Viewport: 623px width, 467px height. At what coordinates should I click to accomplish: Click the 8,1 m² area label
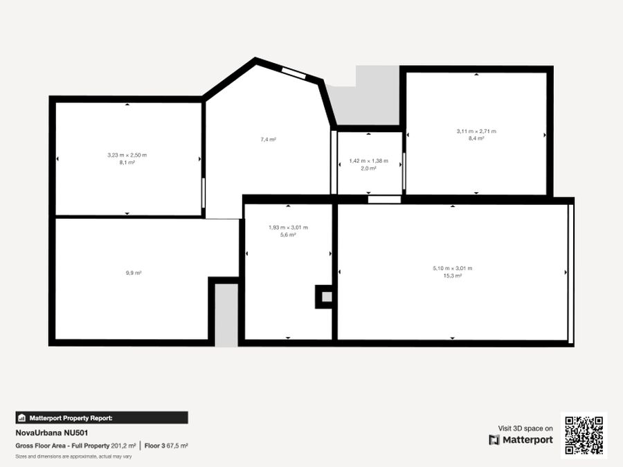[127, 163]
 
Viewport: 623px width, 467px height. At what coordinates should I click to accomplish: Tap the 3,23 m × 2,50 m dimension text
[127, 155]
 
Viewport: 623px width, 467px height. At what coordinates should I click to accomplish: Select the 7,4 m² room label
[268, 139]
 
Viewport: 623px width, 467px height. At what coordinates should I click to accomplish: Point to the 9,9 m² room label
[134, 273]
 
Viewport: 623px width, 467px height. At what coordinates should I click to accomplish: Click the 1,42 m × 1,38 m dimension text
[369, 161]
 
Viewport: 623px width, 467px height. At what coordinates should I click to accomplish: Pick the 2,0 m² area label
[368, 168]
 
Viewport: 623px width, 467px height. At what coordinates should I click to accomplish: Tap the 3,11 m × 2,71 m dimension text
[476, 131]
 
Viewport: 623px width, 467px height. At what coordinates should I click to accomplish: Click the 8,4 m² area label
[476, 138]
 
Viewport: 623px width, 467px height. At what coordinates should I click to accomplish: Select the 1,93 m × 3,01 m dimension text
[288, 228]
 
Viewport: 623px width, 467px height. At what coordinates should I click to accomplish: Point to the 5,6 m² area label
[288, 235]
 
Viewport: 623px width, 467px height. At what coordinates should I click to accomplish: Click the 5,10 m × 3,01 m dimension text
[453, 268]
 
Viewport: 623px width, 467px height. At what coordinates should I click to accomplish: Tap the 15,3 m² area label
[453, 276]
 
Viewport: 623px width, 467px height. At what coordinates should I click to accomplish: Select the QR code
[584, 435]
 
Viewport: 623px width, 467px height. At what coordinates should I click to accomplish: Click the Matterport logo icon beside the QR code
[494, 440]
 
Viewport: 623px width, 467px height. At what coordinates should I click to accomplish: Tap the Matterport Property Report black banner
[102, 418]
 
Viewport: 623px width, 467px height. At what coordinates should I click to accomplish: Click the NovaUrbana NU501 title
[52, 433]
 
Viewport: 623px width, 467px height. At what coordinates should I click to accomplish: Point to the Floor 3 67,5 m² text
[166, 446]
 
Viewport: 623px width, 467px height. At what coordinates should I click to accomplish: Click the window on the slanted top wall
[294, 72]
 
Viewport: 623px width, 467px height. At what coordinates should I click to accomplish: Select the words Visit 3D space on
[525, 428]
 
